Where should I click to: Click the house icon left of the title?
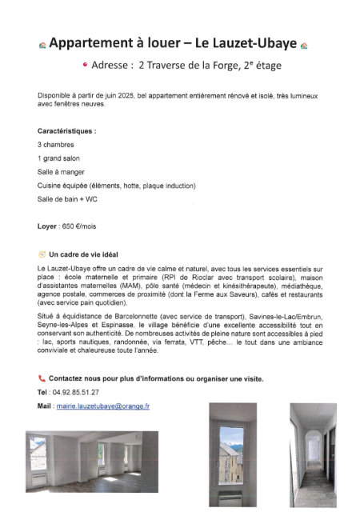click(42, 45)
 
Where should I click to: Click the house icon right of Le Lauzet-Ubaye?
click(304, 45)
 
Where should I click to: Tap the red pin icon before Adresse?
click(85, 66)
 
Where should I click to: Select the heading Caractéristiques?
click(66, 130)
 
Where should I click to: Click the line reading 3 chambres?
click(55, 144)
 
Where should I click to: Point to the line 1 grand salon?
click(58, 158)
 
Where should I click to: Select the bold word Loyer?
click(47, 226)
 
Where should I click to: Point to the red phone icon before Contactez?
click(42, 378)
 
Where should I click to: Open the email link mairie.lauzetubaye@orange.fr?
click(102, 406)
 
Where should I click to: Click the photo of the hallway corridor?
click(313, 454)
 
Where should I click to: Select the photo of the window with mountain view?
click(231, 454)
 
